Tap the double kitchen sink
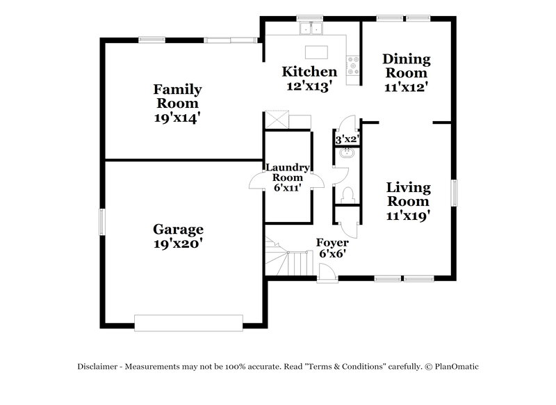tap(311, 29)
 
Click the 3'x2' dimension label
tap(346, 139)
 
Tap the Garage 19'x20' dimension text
tap(179, 244)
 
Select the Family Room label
tap(178, 96)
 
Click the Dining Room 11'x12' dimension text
tap(407, 88)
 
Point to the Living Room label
tap(408, 194)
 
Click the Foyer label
tap(332, 243)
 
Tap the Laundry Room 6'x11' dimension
tap(288, 188)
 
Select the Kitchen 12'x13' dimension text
tap(309, 86)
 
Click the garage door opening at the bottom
tap(188, 322)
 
